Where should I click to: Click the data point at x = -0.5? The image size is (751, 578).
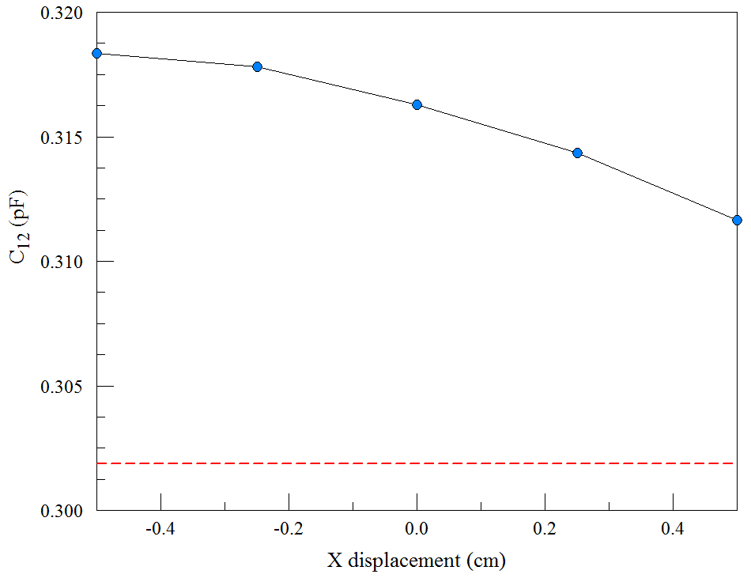(x=96, y=53)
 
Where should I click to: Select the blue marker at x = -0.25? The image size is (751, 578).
(x=257, y=66)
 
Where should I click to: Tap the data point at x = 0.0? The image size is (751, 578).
(x=417, y=104)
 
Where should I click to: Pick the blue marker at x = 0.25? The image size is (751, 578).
(x=577, y=153)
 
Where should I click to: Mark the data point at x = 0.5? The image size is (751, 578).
(x=737, y=220)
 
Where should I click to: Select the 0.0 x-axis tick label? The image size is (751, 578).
(x=417, y=527)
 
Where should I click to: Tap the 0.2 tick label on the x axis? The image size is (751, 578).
(x=545, y=527)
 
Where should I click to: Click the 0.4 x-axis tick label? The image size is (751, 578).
(x=673, y=527)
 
